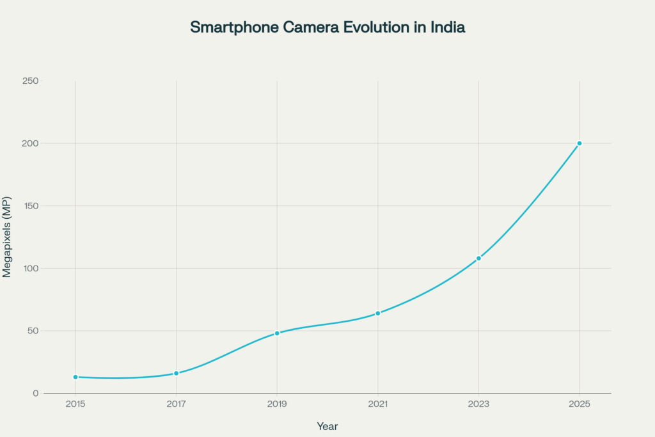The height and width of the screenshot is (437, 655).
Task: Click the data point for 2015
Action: [75, 377]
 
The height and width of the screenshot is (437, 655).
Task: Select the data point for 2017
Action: [176, 373]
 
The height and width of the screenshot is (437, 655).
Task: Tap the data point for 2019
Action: [277, 333]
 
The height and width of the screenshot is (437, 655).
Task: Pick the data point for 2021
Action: [378, 313]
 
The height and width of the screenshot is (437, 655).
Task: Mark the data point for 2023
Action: [478, 258]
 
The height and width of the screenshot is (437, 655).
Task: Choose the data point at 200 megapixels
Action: [580, 143]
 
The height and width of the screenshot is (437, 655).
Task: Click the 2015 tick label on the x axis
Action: [75, 404]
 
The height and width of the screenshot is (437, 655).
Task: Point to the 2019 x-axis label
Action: [277, 404]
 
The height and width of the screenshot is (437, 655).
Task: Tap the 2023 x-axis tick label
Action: [478, 404]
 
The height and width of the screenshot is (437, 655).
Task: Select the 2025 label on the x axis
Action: [580, 404]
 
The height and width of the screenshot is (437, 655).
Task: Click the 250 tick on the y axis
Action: [30, 81]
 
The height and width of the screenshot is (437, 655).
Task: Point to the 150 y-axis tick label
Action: [30, 206]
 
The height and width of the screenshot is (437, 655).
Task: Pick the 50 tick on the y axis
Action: [32, 331]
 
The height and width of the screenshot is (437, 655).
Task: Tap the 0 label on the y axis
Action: [36, 393]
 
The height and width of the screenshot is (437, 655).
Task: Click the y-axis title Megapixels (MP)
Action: [7, 237]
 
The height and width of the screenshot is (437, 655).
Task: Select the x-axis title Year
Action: [327, 426]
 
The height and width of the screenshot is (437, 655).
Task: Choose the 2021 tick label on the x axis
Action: [378, 404]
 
